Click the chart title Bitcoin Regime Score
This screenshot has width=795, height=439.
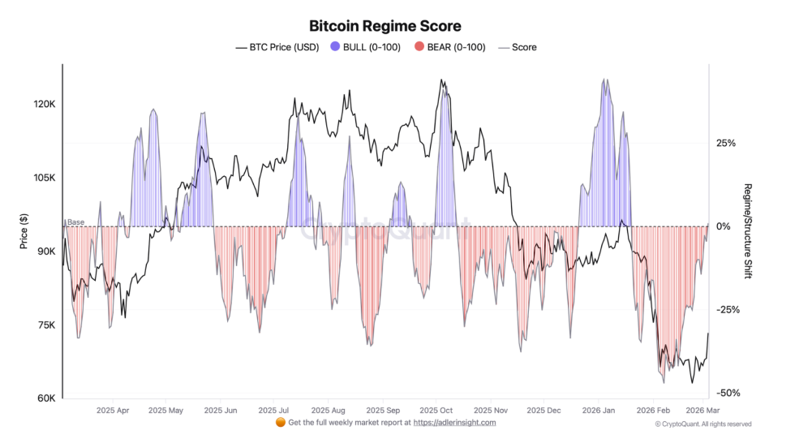(385, 27)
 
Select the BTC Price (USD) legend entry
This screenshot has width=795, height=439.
(277, 47)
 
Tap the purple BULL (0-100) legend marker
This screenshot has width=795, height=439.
(336, 47)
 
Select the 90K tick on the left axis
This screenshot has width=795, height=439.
(45, 252)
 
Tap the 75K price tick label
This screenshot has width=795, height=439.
(45, 325)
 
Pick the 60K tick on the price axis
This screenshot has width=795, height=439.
(45, 399)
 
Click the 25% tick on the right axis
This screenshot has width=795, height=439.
(726, 144)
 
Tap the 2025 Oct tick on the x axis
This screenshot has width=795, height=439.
(436, 411)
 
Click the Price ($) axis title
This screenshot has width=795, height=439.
(24, 231)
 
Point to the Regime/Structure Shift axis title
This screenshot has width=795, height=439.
(747, 231)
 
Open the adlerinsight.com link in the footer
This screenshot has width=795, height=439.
(454, 423)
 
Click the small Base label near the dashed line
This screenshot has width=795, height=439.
(75, 222)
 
